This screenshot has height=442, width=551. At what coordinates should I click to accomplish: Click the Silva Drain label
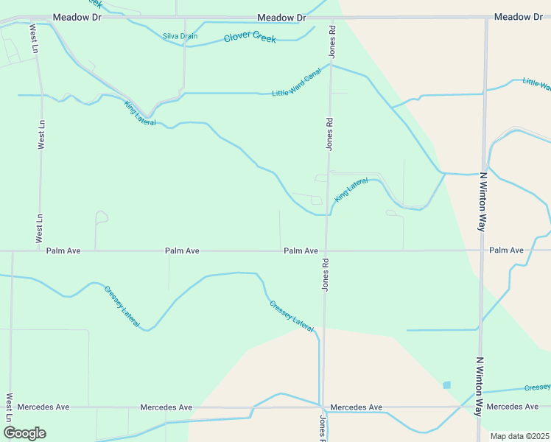click(x=180, y=36)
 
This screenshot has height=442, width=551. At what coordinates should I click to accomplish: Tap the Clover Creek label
click(x=250, y=36)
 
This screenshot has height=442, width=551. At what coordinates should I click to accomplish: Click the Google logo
click(x=24, y=433)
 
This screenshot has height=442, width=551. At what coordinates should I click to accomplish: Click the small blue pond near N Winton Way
click(x=446, y=385)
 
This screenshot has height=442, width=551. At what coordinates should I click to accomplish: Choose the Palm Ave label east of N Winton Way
click(x=506, y=250)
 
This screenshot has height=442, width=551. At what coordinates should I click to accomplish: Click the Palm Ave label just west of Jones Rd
click(x=301, y=251)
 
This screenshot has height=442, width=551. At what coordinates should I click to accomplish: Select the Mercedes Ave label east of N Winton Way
click(x=513, y=407)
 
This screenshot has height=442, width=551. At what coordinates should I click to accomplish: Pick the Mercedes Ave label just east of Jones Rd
click(x=357, y=407)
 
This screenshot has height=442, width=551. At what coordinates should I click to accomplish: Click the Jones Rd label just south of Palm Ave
click(x=324, y=274)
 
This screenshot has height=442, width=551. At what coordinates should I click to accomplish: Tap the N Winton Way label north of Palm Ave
click(x=483, y=203)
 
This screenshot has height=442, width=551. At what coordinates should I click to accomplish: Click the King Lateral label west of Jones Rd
click(x=140, y=113)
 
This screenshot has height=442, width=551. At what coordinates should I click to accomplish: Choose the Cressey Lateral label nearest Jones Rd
click(x=292, y=314)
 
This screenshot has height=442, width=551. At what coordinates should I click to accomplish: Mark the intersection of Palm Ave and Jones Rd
click(x=326, y=250)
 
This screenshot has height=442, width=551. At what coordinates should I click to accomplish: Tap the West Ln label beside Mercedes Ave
click(x=10, y=407)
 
